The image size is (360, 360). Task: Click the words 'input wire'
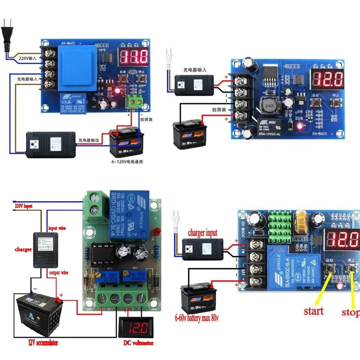click(x=58, y=228)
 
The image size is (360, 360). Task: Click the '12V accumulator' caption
click(x=43, y=342)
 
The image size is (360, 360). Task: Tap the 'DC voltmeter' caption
click(x=138, y=343)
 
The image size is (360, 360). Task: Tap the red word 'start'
click(x=313, y=311)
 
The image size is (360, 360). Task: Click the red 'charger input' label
click(x=203, y=233)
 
